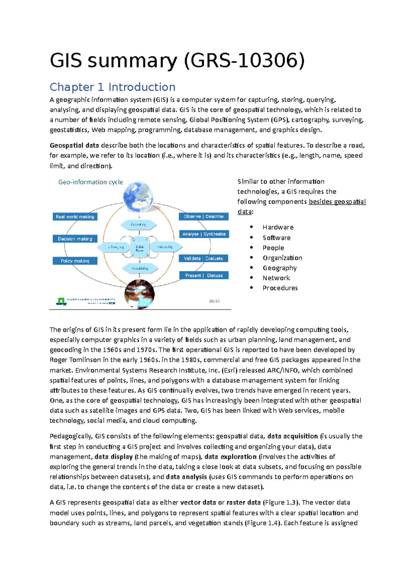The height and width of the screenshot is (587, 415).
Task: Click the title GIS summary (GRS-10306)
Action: [177, 60]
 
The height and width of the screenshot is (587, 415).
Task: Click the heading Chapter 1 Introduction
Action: [112, 87]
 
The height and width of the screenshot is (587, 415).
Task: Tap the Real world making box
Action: [75, 217]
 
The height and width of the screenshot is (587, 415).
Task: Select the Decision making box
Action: [75, 239]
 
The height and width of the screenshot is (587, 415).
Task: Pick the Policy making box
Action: [75, 261]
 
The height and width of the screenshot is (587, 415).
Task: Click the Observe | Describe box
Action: [204, 216]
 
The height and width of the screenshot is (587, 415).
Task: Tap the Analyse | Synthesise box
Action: [204, 234]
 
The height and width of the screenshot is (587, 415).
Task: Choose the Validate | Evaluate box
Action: [204, 258]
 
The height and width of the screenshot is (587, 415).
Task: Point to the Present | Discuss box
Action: [204, 276]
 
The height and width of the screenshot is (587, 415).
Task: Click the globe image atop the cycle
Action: [138, 196]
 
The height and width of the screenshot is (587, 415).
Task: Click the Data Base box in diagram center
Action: [140, 248]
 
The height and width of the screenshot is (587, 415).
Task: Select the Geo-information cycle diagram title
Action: [91, 182]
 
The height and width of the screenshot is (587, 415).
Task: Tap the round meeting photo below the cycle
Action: [139, 294]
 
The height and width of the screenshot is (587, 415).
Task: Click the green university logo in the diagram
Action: [61, 301]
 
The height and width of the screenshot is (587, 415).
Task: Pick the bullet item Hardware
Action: [278, 227]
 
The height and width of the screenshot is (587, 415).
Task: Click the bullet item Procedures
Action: [280, 288]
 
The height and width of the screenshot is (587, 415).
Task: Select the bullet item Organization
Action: [282, 258]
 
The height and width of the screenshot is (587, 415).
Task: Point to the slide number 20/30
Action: [214, 301]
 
